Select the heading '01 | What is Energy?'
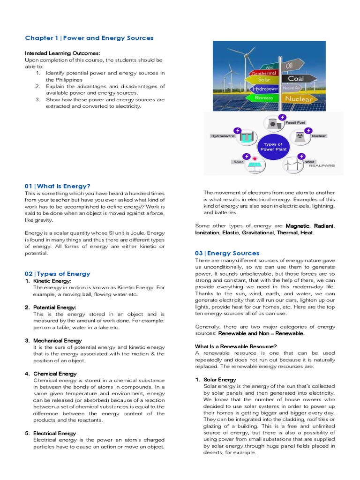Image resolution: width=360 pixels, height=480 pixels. (x=57, y=186)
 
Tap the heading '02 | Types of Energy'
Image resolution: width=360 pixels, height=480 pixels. (x=57, y=274)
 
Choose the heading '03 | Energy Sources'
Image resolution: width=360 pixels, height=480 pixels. (x=227, y=253)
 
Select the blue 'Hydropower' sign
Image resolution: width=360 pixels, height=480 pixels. (x=265, y=88)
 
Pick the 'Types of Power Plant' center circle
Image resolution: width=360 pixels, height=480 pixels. (x=273, y=147)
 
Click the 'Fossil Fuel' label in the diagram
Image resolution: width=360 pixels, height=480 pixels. (x=295, y=123)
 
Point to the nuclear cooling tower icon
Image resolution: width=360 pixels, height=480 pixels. (x=300, y=137)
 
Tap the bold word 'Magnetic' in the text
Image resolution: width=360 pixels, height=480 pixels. (x=298, y=226)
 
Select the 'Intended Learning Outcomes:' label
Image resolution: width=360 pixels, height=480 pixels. (x=62, y=53)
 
